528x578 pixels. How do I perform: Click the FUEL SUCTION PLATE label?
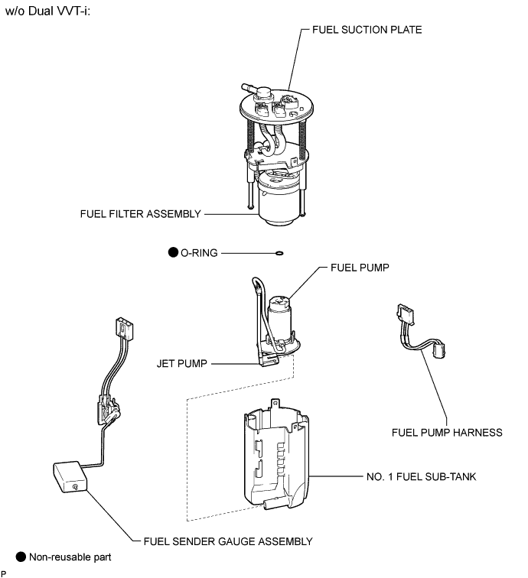pyautogui.click(x=367, y=30)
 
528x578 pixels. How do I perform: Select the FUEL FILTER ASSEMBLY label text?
pyautogui.click(x=141, y=214)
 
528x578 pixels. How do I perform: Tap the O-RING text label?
pyautogui.click(x=199, y=253)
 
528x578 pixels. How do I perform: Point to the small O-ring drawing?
pyautogui.click(x=279, y=253)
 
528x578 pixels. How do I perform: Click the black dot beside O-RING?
pyautogui.click(x=173, y=252)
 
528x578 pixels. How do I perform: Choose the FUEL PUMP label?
pyautogui.click(x=360, y=268)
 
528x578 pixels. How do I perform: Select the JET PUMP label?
pyautogui.click(x=182, y=364)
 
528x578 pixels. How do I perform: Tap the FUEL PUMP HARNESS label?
pyautogui.click(x=447, y=433)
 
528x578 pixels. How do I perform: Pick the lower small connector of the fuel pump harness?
pyautogui.click(x=438, y=349)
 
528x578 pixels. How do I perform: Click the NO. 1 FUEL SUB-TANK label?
pyautogui.click(x=422, y=476)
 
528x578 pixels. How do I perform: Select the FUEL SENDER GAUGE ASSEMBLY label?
pyautogui.click(x=228, y=541)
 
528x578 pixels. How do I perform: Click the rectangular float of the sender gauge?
pyautogui.click(x=70, y=476)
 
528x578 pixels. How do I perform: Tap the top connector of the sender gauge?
pyautogui.click(x=124, y=328)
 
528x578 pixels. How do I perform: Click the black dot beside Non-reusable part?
pyautogui.click(x=21, y=557)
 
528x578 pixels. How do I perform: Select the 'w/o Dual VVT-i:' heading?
pyautogui.click(x=48, y=11)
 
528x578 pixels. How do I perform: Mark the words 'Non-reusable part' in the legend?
pyautogui.click(x=70, y=557)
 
